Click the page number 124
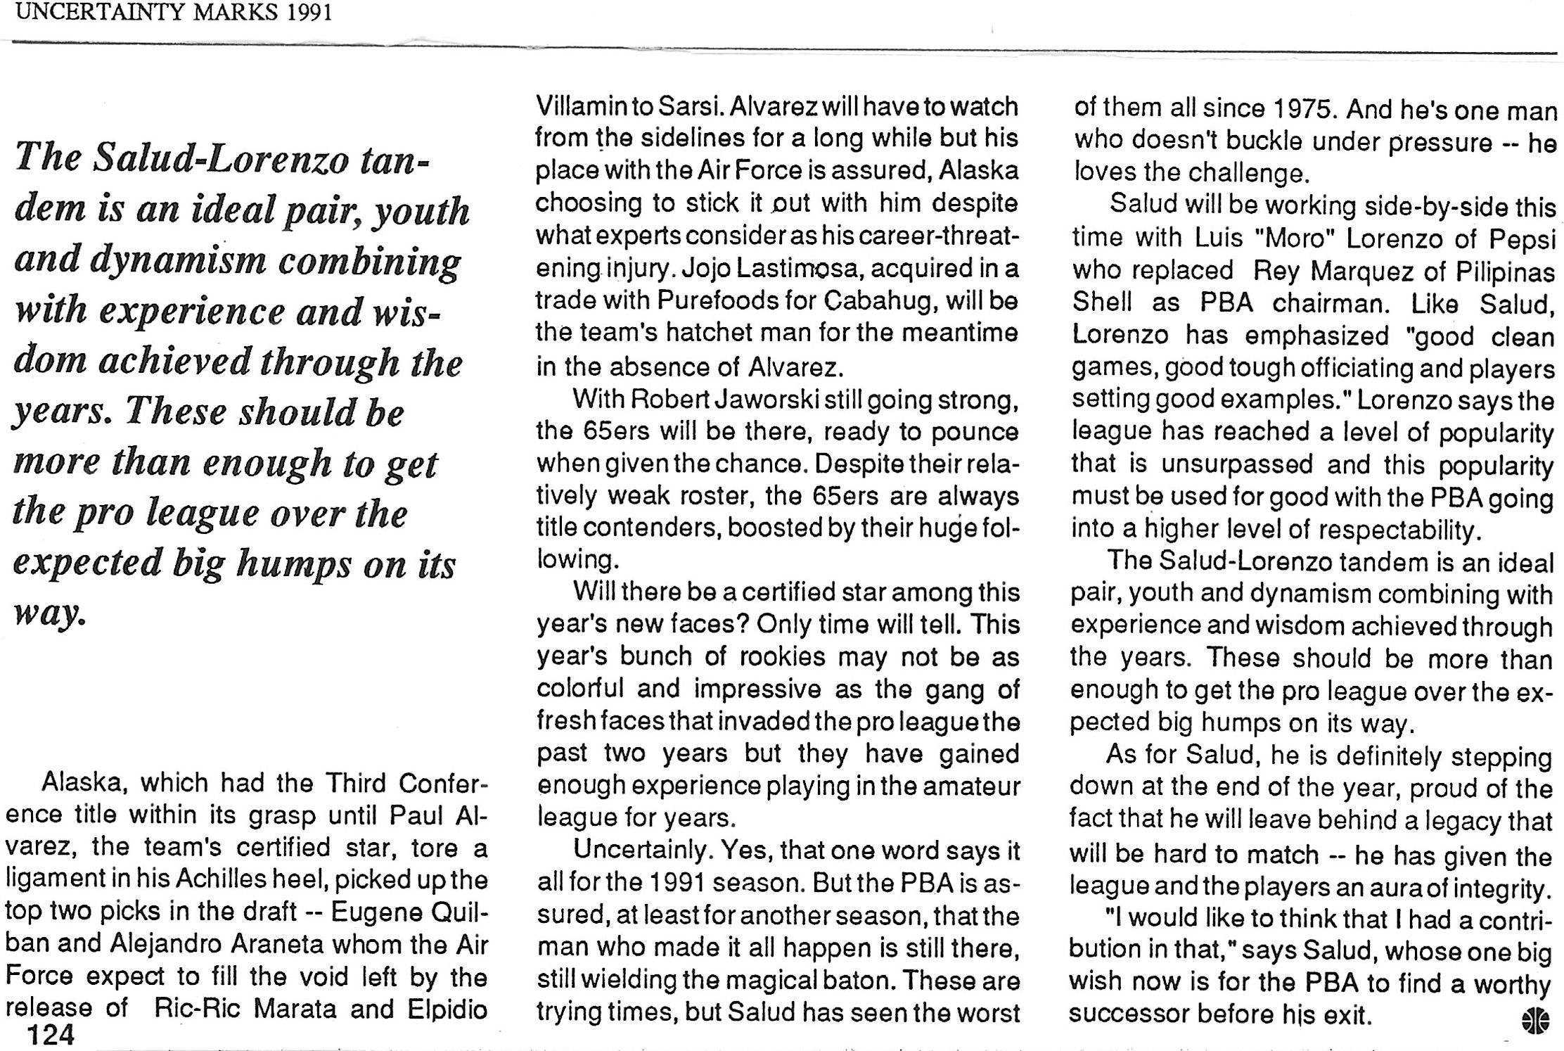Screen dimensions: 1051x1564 tap(50, 1034)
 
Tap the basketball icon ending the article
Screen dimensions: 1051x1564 tap(1534, 1021)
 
